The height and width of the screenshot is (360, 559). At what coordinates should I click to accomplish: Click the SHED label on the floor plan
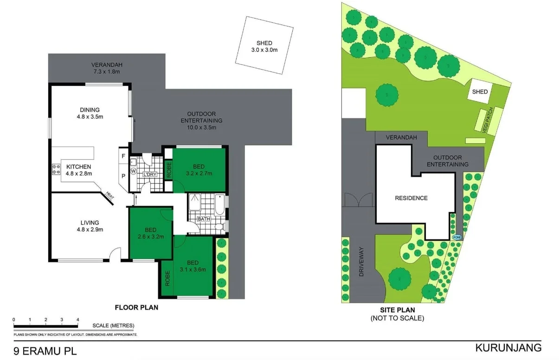coord(264,43)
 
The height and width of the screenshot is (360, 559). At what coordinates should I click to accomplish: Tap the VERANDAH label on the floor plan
coord(107,64)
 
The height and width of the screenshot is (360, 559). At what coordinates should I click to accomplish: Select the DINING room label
coord(90,110)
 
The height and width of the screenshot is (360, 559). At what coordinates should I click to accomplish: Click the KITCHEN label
coord(79,167)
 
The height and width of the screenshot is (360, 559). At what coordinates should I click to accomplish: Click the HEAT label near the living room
coord(110,197)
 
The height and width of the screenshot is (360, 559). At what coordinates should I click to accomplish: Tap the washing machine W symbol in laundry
coord(134,171)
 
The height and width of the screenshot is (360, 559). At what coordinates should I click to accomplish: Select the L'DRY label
coord(150,174)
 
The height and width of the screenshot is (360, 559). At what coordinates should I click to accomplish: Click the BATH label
coord(204,219)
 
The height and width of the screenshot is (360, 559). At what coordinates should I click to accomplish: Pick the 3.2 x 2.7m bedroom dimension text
coord(199,174)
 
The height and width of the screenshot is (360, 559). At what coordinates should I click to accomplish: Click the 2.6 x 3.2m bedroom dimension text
coord(150,237)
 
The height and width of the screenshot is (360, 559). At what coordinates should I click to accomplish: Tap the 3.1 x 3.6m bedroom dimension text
coord(193,269)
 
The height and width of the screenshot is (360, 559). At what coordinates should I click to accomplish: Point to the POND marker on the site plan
coord(457,238)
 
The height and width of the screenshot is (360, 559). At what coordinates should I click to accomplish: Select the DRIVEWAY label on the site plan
coord(362,263)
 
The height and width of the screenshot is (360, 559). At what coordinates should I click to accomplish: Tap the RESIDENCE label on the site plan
coord(411,198)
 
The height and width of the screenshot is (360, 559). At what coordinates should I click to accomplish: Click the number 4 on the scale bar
coord(77,320)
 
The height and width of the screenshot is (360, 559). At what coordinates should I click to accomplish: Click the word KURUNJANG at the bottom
coord(508,347)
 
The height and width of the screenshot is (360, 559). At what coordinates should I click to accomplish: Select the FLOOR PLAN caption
coord(136,307)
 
